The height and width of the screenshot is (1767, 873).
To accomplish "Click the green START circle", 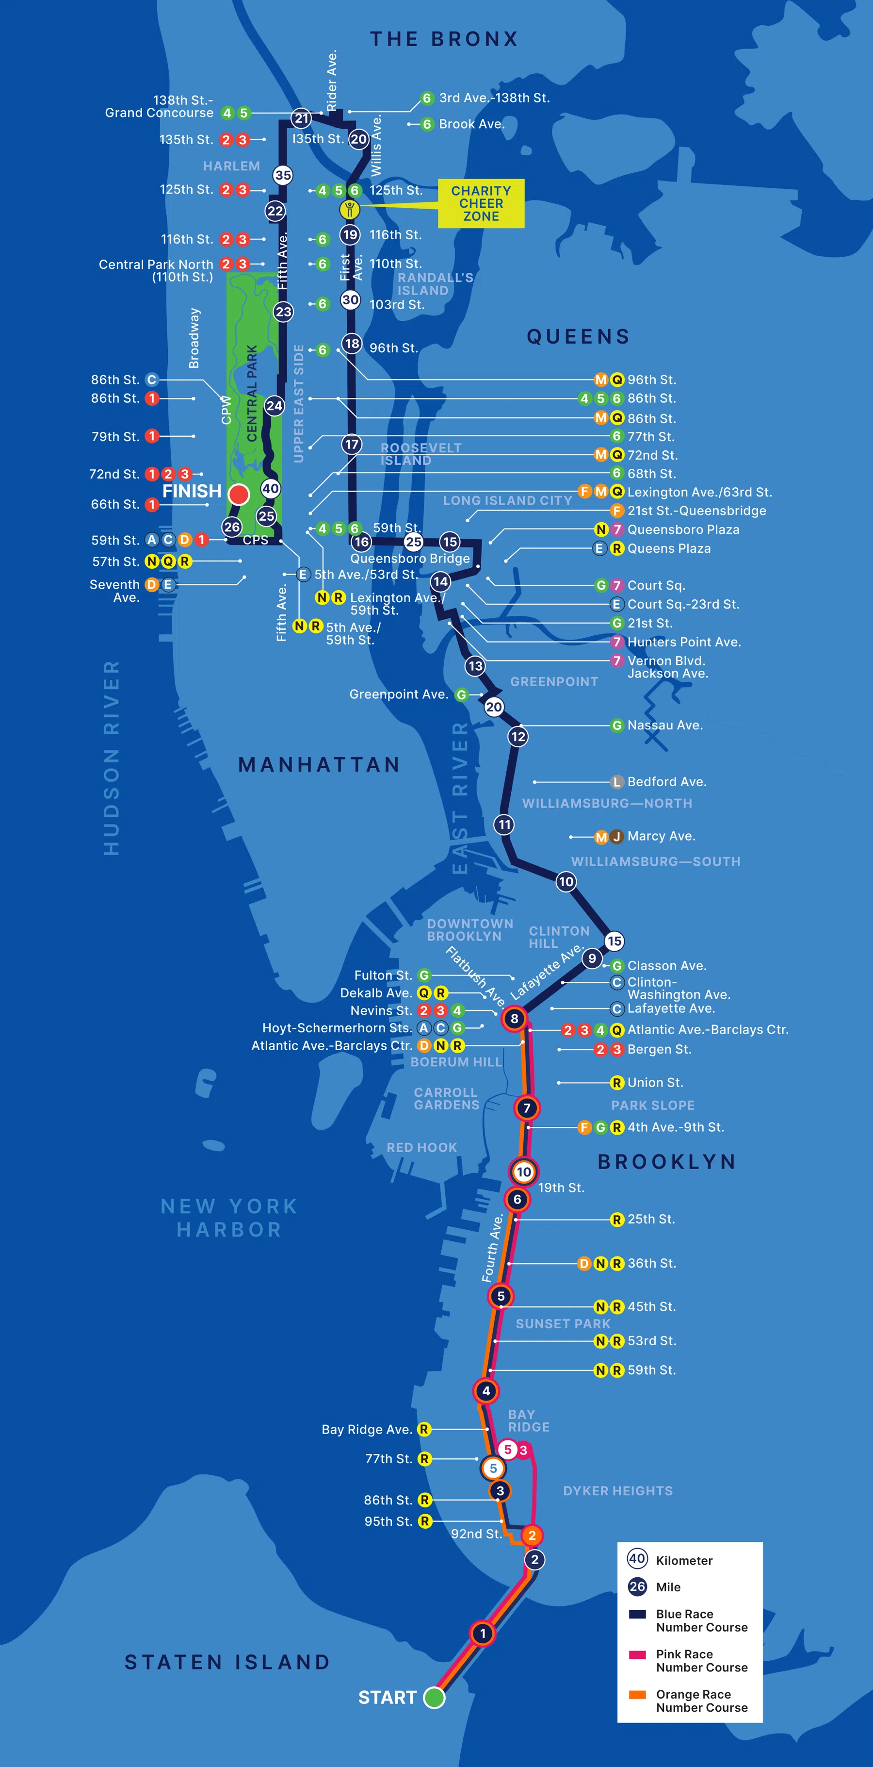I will click(434, 1697).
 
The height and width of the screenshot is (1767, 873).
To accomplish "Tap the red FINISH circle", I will click(239, 494).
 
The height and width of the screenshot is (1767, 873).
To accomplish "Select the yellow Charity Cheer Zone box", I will click(481, 203).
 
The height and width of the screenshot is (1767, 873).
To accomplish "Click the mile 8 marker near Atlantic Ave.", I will click(514, 1019).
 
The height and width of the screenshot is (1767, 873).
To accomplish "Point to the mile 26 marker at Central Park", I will click(232, 527).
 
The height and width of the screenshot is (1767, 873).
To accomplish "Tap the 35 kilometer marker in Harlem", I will click(283, 175).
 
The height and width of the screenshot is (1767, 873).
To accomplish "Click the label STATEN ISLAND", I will click(227, 1662).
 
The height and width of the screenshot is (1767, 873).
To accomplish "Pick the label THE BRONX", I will click(444, 39).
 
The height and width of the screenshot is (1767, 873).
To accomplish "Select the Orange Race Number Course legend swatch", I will click(637, 1694).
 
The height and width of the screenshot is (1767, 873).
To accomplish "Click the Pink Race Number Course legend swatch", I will click(637, 1654).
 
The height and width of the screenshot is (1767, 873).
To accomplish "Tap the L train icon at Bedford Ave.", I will click(616, 782).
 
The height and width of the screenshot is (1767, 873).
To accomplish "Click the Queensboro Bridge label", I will click(410, 559).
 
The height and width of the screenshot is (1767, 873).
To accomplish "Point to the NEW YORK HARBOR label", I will click(229, 1218).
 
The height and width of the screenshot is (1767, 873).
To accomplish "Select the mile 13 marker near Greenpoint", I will click(475, 665).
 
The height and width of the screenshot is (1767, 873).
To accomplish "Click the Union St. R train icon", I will click(616, 1082).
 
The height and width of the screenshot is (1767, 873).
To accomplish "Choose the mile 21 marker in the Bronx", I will click(301, 118).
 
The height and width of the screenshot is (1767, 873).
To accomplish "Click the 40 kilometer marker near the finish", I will click(270, 488).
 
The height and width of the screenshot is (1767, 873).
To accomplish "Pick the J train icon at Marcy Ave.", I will click(616, 836).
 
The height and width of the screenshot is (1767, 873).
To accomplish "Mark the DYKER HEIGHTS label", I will click(617, 1490).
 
